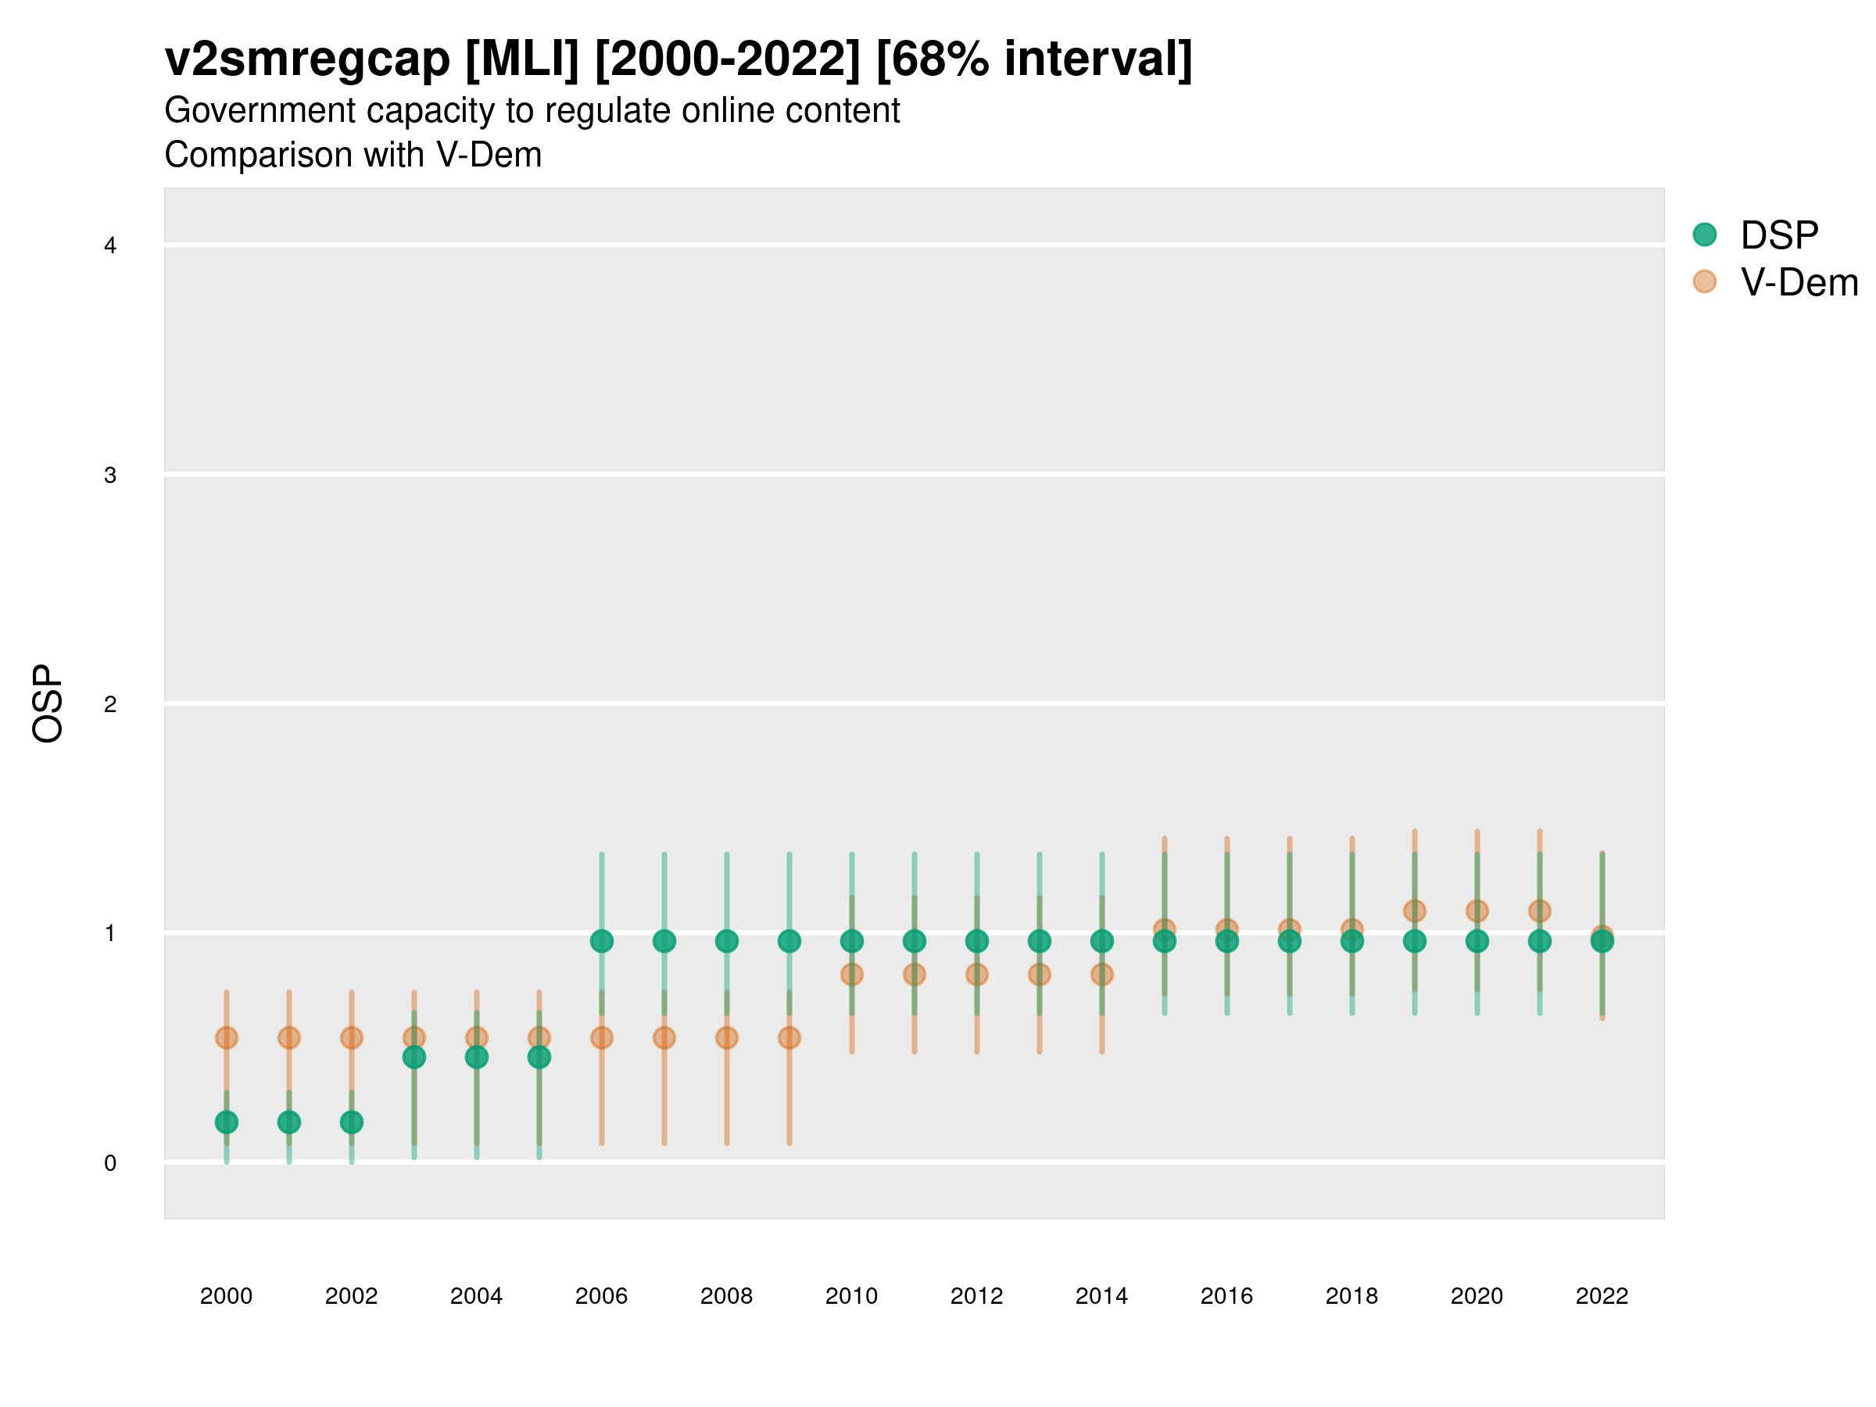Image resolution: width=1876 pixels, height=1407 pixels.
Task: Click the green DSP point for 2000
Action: click(227, 1122)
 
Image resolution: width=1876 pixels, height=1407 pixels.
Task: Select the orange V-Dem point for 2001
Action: click(289, 1037)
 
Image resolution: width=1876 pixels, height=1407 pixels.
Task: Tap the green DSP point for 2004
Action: click(477, 1057)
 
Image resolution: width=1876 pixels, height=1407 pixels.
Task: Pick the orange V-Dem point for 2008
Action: click(727, 1037)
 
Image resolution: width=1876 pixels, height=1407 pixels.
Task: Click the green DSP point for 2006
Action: click(601, 940)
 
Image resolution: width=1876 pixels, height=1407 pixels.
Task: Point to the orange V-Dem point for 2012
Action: click(977, 975)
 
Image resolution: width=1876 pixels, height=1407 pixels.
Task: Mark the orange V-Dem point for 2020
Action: click(1477, 911)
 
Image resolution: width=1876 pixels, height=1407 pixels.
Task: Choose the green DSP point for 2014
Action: click(1101, 940)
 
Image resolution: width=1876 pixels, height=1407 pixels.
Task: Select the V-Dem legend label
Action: click(1799, 282)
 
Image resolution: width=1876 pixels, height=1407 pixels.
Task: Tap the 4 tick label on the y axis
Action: click(110, 246)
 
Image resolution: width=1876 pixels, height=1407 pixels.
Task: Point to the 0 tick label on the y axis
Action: click(110, 1163)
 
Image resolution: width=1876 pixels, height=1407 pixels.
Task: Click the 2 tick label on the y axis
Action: click(110, 704)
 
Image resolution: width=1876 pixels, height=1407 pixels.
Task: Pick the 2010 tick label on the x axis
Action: click(851, 1296)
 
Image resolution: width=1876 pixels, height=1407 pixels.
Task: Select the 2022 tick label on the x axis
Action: click(1601, 1296)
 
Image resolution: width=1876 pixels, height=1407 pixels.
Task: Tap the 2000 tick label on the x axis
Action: click(227, 1296)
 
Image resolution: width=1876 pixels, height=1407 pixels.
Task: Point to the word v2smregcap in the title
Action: click(307, 59)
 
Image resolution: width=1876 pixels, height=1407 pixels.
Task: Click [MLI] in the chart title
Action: click(521, 59)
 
